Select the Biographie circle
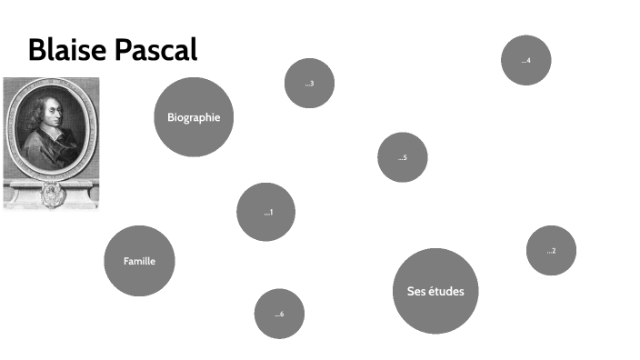click(x=194, y=117)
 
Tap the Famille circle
click(x=139, y=261)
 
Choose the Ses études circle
click(x=435, y=291)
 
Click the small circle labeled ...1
click(x=266, y=212)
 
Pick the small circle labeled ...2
click(x=551, y=250)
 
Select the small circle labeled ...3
click(x=309, y=84)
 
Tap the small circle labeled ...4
click(x=525, y=60)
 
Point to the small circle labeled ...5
click(x=402, y=157)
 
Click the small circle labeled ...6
click(x=279, y=314)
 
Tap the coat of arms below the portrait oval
click(x=52, y=192)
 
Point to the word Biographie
click(x=194, y=117)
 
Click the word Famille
click(x=139, y=261)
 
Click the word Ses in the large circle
click(x=415, y=291)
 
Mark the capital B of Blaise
click(x=37, y=50)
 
